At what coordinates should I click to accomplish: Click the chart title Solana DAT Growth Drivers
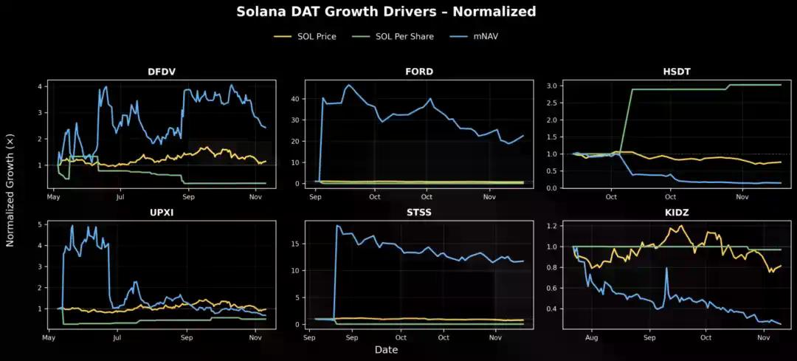click(x=386, y=12)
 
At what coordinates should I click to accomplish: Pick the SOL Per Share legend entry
click(x=404, y=36)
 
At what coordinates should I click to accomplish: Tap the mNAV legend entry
click(x=490, y=36)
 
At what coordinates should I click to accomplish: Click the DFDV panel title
click(x=161, y=72)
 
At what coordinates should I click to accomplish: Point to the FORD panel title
click(x=419, y=72)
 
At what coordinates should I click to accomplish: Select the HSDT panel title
click(x=676, y=72)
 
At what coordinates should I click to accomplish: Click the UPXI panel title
click(x=161, y=213)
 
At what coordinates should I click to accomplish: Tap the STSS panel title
click(x=419, y=213)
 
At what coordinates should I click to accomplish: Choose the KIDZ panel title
click(x=676, y=213)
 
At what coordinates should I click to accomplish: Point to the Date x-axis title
click(x=386, y=349)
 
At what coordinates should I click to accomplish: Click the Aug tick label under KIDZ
click(x=590, y=337)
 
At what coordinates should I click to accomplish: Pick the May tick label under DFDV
click(x=53, y=197)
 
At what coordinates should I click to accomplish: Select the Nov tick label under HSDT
click(x=742, y=197)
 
